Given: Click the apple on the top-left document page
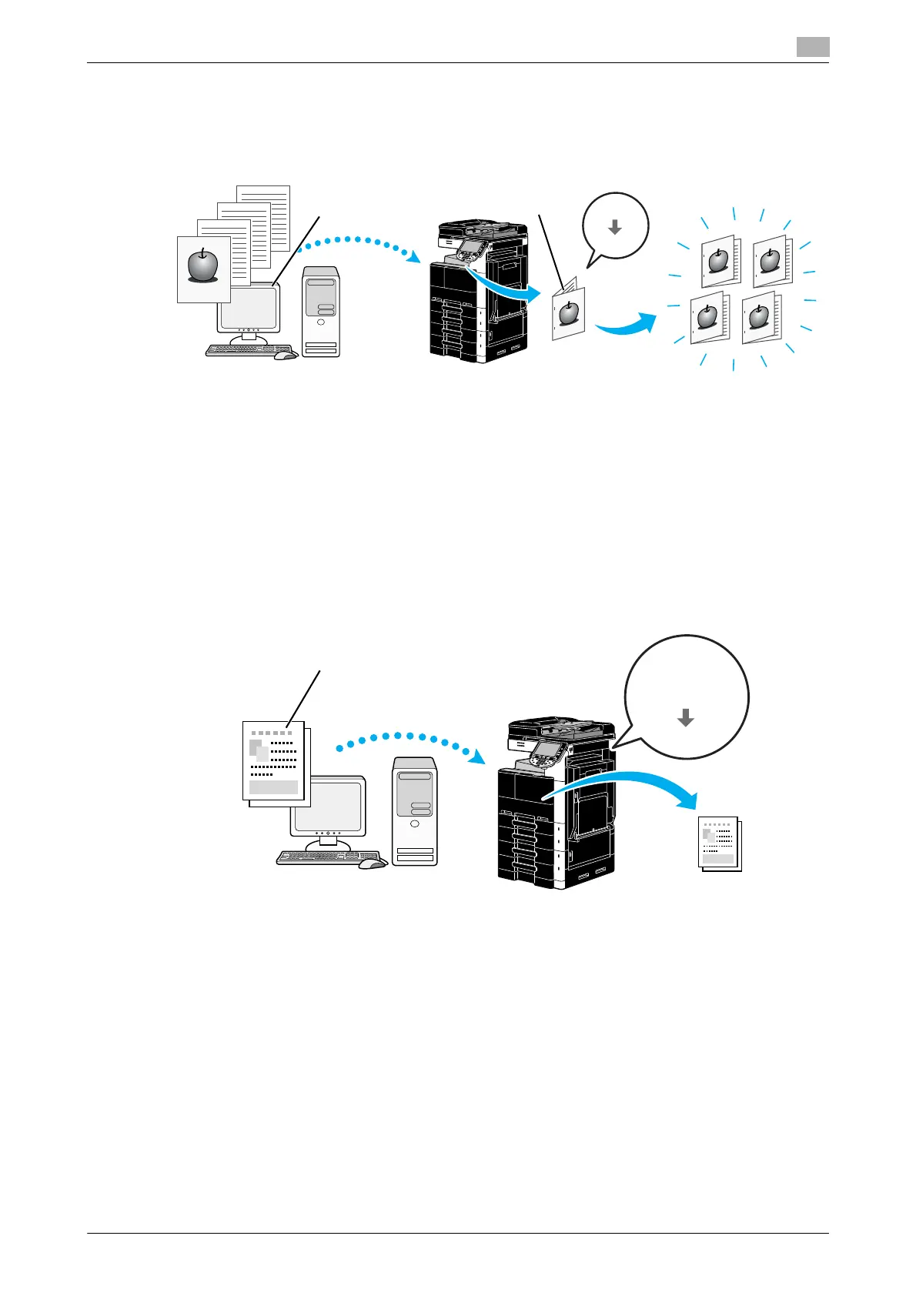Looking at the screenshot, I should (203, 266).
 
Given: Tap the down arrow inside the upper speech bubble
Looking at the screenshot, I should (614, 227).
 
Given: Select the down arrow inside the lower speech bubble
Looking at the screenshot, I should (685, 718).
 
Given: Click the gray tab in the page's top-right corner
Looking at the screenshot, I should (812, 47).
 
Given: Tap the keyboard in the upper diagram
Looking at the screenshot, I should (240, 350).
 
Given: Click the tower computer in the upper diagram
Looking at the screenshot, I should (321, 311).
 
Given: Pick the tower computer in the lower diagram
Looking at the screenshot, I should (414, 811).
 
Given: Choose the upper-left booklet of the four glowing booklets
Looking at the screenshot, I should (719, 262).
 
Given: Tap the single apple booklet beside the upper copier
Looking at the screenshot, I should (568, 312).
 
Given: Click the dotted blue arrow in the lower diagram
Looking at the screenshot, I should (408, 740).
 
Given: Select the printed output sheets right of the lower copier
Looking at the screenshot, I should (720, 843).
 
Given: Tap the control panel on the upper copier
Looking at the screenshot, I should (470, 249).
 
